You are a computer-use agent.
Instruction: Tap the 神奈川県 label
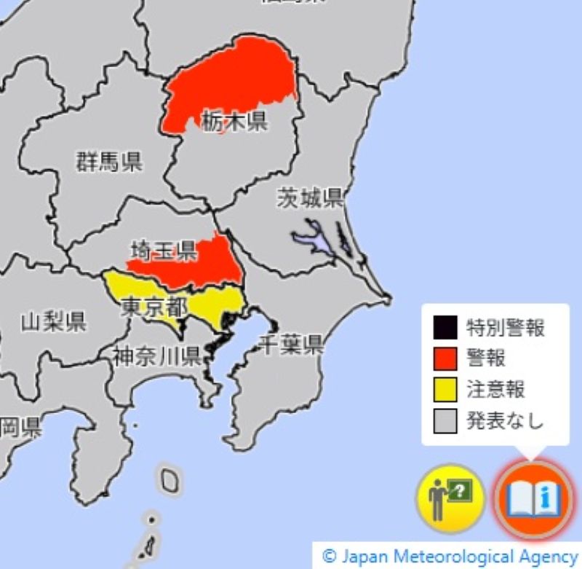[x=156, y=356]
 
